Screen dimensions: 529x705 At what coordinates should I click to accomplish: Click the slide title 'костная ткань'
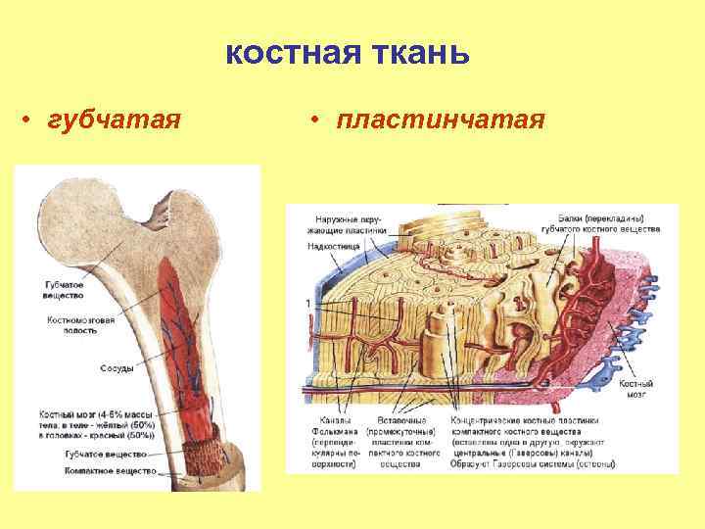pos(348,53)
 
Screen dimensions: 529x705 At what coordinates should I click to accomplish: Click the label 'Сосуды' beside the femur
pos(117,368)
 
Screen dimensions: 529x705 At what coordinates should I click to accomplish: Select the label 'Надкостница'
pos(330,246)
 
